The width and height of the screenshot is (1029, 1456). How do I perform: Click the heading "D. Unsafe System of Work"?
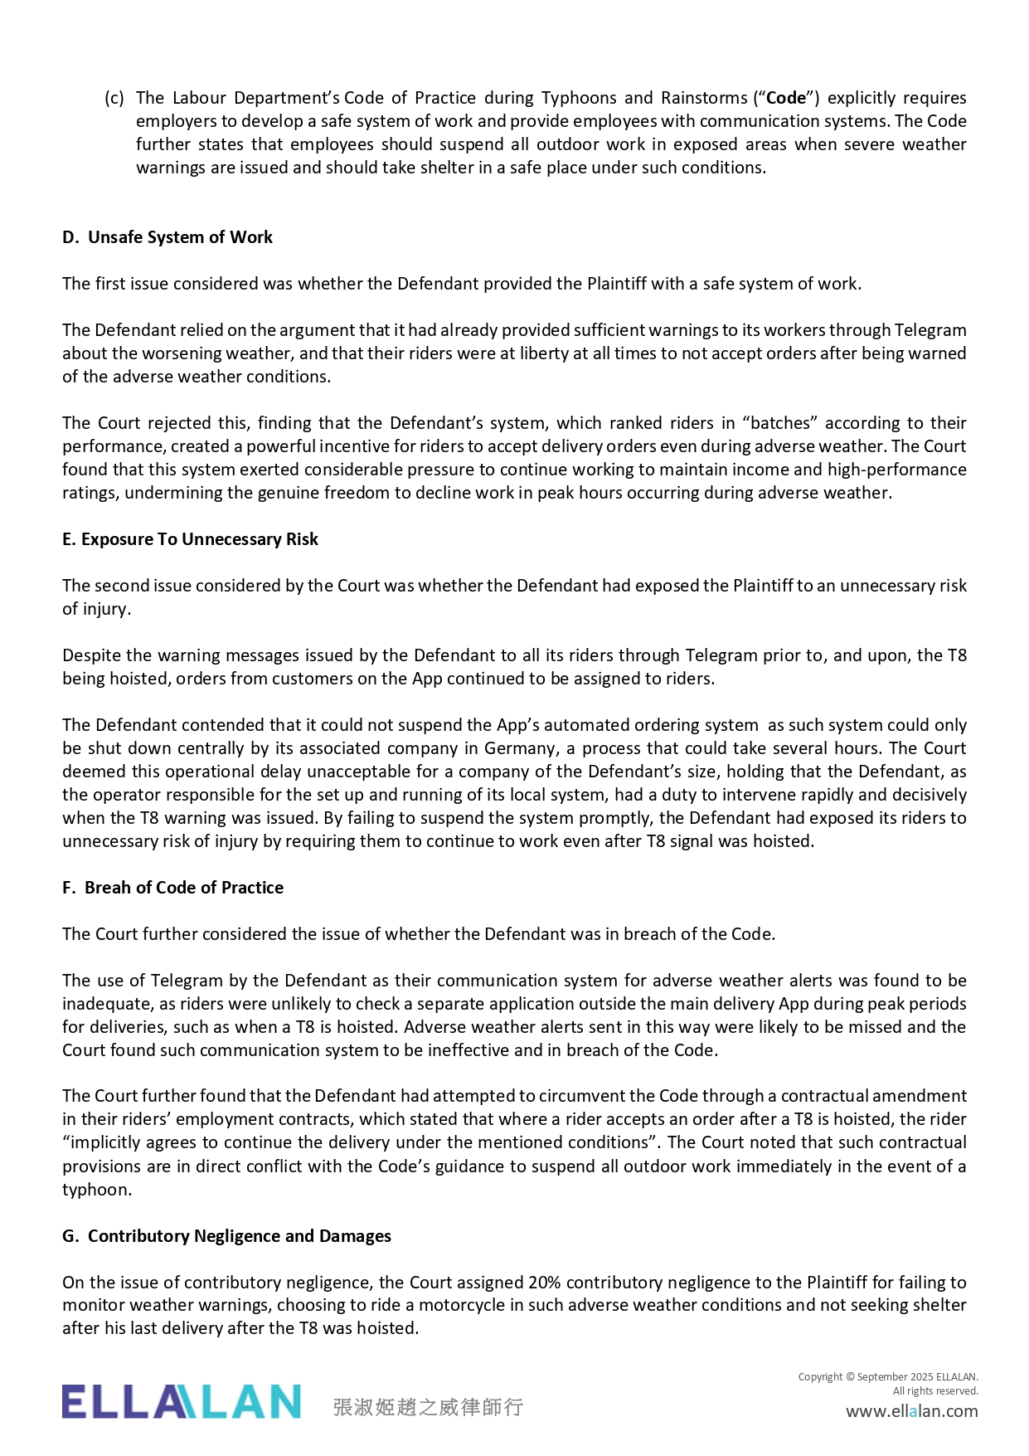[167, 237]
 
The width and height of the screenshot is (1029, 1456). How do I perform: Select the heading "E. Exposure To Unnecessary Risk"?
[190, 539]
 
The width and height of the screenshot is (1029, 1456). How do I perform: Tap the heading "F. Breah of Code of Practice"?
[172, 888]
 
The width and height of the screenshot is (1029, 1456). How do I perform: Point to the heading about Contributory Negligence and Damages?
[226, 1236]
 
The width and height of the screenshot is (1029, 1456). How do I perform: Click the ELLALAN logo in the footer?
[181, 1401]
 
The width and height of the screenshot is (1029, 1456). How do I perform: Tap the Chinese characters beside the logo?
[428, 1407]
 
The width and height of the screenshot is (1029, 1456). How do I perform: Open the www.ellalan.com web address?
[911, 1411]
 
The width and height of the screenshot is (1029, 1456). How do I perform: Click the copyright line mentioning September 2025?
[888, 1377]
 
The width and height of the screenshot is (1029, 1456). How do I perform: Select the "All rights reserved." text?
[935, 1391]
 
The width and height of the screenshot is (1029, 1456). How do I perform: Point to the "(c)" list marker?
[114, 98]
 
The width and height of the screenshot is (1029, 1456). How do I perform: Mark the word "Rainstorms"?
[704, 98]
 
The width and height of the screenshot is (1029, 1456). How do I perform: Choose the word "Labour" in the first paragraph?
[199, 98]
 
